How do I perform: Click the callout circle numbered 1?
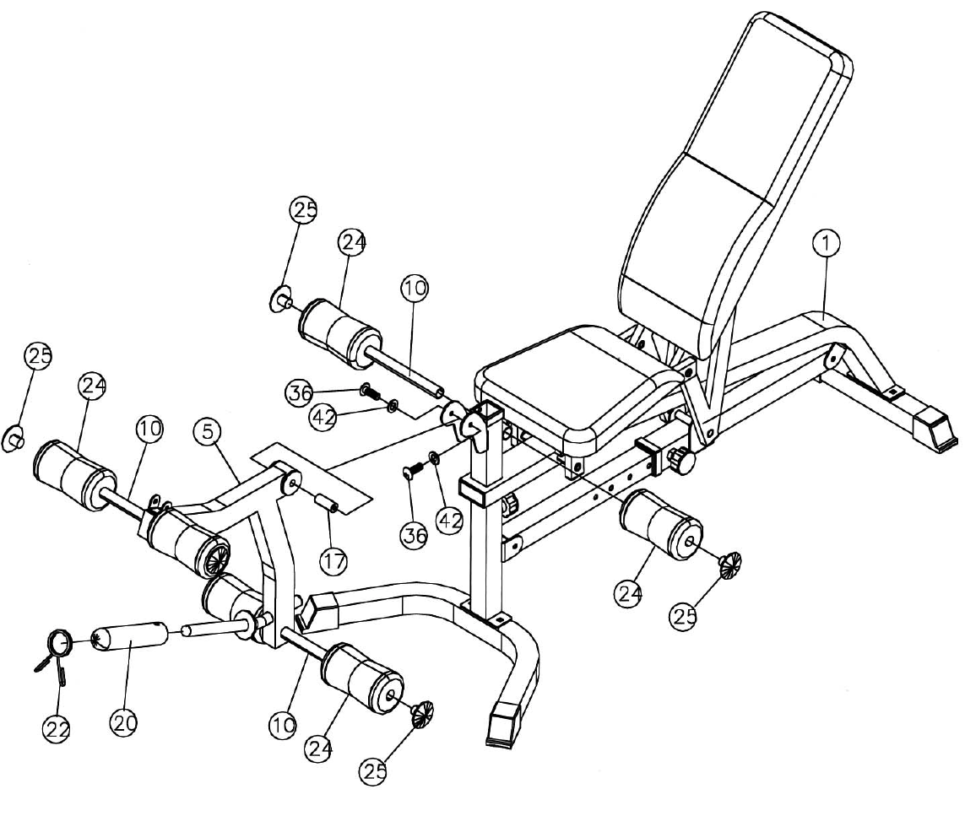click(x=827, y=244)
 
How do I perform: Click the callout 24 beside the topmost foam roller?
click(x=353, y=243)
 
